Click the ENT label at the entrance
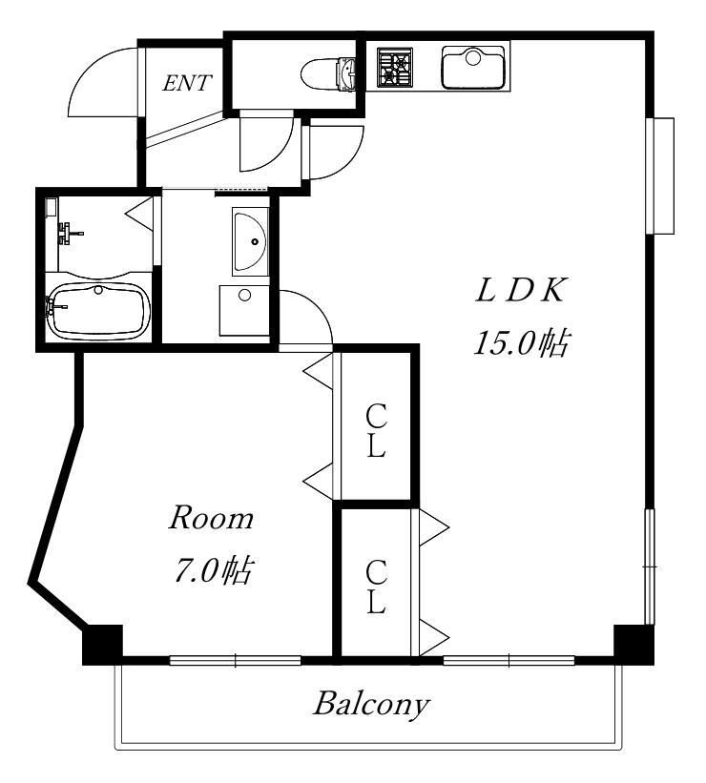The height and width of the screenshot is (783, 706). [187, 83]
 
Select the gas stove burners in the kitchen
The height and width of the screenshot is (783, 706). [395, 67]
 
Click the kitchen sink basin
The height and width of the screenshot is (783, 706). [473, 68]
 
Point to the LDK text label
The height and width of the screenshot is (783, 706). [521, 291]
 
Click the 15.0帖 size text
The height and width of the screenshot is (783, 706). [521, 342]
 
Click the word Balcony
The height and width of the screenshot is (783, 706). [371, 705]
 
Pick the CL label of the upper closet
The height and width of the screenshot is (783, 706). [376, 430]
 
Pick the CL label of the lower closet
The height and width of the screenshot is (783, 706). [376, 587]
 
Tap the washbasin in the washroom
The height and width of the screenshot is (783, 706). [250, 241]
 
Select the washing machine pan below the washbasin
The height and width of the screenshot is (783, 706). [244, 310]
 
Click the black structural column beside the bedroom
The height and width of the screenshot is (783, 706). [102, 645]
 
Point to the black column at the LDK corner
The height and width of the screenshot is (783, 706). [633, 644]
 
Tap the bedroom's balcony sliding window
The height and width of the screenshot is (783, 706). [236, 661]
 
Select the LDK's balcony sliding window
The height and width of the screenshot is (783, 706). [509, 661]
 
